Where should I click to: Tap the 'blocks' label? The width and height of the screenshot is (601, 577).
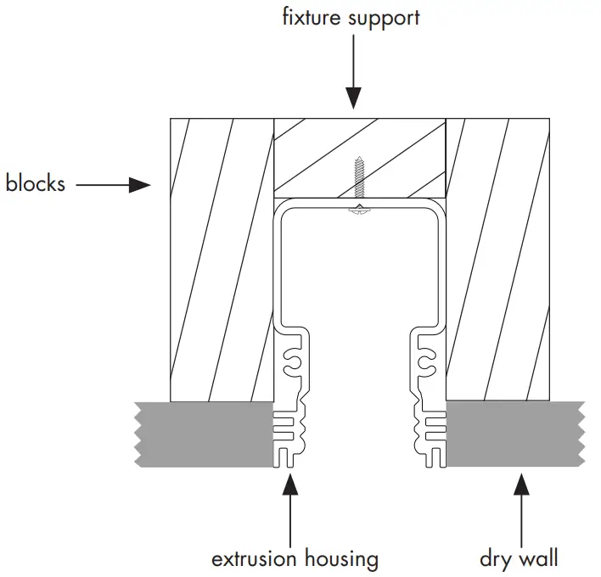(35, 183)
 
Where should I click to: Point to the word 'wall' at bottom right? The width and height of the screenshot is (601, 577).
(542, 558)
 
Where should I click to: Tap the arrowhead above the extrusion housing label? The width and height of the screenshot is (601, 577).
(290, 483)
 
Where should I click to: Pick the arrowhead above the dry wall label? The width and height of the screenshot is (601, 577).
(520, 483)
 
